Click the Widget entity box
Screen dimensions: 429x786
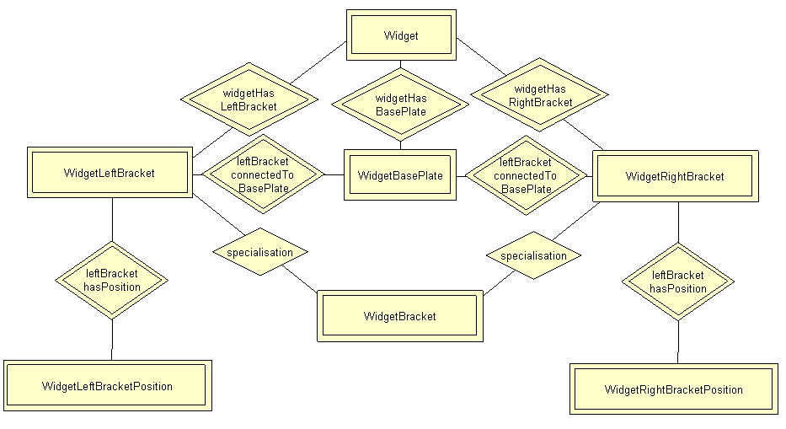tap(401, 35)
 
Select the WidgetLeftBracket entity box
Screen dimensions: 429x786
tap(109, 173)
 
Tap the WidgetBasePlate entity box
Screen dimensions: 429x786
tap(399, 175)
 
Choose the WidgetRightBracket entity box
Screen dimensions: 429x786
tap(675, 176)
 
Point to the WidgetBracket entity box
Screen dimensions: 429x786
tap(399, 316)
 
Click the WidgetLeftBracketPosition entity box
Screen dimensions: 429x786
tap(107, 386)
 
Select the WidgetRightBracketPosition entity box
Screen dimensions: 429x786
tap(673, 389)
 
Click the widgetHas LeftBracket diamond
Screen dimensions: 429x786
tap(249, 99)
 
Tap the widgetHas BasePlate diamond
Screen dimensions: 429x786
tap(400, 105)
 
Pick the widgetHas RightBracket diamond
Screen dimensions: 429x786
tap(540, 94)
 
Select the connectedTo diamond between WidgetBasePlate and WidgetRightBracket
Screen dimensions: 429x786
tap(525, 175)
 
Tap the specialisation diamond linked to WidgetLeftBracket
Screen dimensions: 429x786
tap(259, 252)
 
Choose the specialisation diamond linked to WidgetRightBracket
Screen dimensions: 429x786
tap(533, 255)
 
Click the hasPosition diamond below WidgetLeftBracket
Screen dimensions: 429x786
tap(111, 280)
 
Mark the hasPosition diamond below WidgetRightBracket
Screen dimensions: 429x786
tap(678, 282)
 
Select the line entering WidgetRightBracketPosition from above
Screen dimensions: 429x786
tap(678, 342)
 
